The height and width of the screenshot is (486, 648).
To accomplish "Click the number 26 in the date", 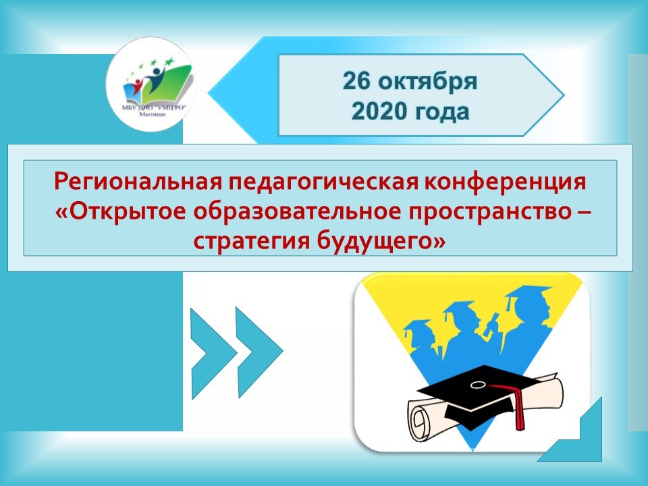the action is [356, 81].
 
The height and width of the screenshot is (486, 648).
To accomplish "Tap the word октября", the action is [428, 82].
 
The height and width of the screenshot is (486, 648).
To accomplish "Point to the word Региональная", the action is [138, 182].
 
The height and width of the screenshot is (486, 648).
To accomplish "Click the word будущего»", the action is [381, 241].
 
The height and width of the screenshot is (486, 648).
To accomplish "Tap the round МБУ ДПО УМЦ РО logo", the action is [151, 85].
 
